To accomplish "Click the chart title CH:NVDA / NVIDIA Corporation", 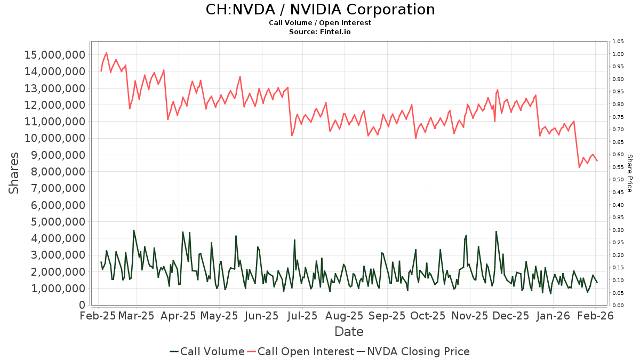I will coord(320,10).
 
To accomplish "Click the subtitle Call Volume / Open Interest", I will coord(320,23).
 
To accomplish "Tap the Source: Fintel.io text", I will coord(320,32).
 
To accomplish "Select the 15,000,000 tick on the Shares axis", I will coord(55,55).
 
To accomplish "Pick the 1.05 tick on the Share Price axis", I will coord(618,42).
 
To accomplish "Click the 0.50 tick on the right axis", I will coord(618,180).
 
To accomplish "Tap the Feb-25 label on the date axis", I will coord(98,316).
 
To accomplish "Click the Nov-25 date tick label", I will coord(469,316).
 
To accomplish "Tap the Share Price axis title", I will coord(629,173).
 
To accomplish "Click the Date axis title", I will coord(349,332).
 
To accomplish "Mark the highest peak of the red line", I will coord(107,53).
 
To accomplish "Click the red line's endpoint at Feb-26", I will coord(597,161).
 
